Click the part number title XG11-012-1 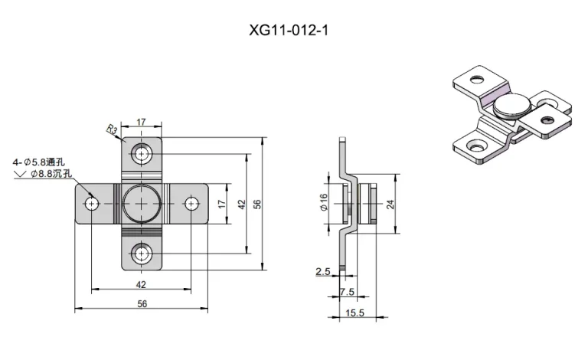(x=289, y=30)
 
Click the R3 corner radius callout (x=112, y=129)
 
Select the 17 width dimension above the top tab (x=141, y=123)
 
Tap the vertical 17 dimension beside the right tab (x=222, y=204)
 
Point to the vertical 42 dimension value (x=241, y=205)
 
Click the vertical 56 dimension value (x=257, y=205)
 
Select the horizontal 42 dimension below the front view (x=141, y=285)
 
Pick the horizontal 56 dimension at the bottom (x=142, y=304)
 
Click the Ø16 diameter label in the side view (x=324, y=202)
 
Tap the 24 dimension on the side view (x=390, y=205)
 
